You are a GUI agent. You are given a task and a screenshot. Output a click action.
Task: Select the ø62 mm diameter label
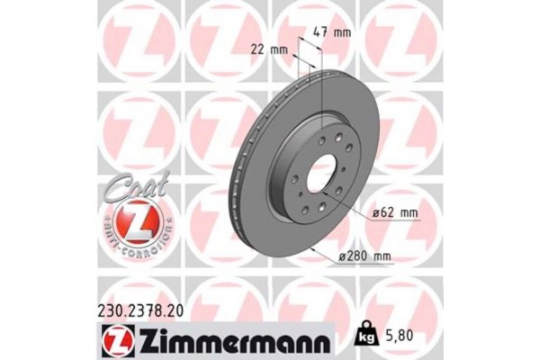(392, 213)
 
